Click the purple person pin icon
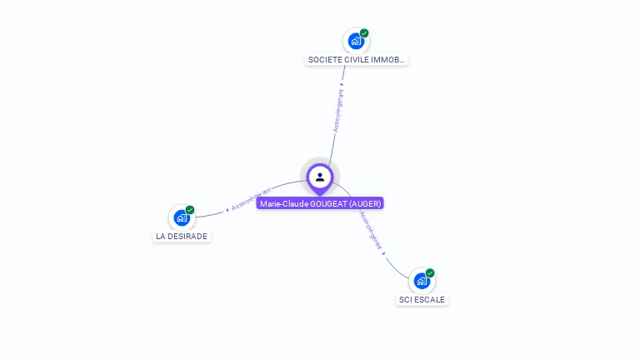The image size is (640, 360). (320, 177)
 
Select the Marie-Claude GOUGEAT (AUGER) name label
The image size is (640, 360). (320, 203)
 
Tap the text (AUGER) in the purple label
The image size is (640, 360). (365, 203)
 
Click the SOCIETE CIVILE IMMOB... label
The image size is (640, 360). (357, 60)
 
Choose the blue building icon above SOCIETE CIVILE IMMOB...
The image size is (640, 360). (356, 41)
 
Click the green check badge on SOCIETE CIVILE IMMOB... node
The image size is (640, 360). (364, 33)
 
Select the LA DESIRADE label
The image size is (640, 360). (182, 236)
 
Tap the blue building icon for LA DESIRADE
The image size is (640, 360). (181, 218)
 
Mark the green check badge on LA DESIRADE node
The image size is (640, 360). (190, 210)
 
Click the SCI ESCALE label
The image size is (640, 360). (422, 299)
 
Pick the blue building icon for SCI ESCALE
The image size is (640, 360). (422, 281)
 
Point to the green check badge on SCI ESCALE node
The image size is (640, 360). (430, 273)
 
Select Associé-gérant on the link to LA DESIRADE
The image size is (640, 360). (250, 199)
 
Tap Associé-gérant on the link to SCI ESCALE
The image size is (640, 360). (372, 231)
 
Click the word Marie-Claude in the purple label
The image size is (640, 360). (281, 203)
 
